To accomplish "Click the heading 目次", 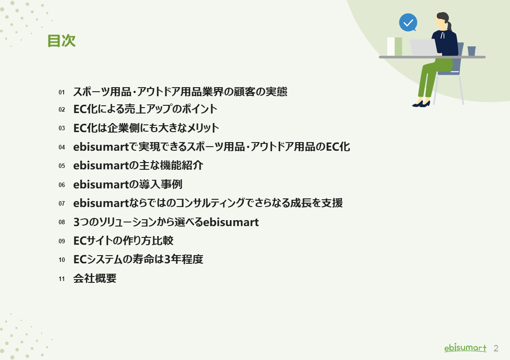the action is click(x=61, y=41).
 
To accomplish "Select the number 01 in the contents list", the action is click(x=62, y=92).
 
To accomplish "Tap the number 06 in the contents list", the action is click(x=62, y=185).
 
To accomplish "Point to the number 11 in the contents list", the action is click(x=62, y=279).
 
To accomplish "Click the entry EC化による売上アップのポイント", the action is click(x=145, y=109).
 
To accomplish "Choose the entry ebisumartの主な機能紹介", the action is click(x=138, y=166).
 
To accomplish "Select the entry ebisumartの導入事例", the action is click(x=128, y=184).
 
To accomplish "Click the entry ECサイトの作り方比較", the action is click(x=123, y=241).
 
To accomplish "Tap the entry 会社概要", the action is click(x=95, y=278).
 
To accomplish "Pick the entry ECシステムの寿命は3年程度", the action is click(x=138, y=260).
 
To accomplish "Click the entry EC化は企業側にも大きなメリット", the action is click(x=146, y=128).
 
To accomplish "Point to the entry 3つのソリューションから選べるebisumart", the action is click(x=166, y=222).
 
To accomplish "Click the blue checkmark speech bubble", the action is click(x=408, y=22).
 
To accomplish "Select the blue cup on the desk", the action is click(x=471, y=51).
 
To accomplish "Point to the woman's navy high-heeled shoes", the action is click(x=421, y=104).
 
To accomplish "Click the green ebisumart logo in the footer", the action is click(x=465, y=348).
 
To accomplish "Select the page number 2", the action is click(x=496, y=348).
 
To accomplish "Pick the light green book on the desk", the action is click(x=398, y=46).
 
